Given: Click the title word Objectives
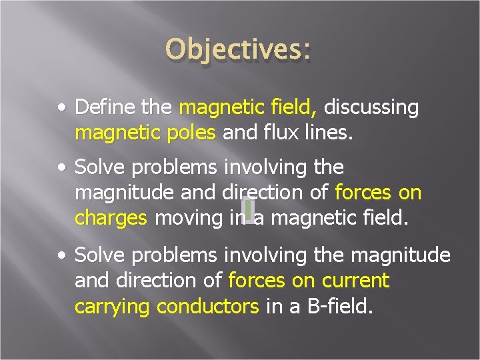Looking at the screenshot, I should [238, 51].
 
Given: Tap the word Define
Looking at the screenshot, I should [102, 108].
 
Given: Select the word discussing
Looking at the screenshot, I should [371, 108].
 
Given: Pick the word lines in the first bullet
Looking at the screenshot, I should [329, 133].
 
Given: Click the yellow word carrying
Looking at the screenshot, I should [113, 306].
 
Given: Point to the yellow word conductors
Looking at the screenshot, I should [207, 306].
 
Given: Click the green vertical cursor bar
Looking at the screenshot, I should [247, 209].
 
